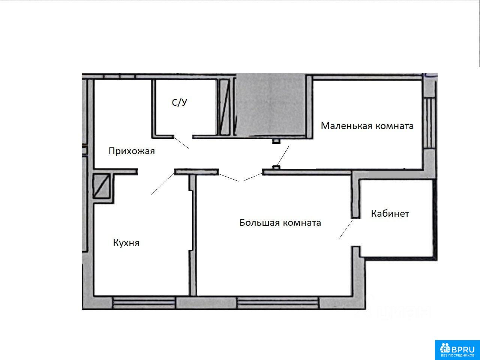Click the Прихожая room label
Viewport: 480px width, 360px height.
coord(132,151)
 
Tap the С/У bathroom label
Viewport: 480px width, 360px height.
coord(180,102)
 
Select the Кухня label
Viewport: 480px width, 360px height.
coord(126,243)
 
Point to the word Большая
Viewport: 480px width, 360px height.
coord(259,222)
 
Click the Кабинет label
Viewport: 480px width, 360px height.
coord(390,213)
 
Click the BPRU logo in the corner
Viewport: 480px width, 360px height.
coord(457,350)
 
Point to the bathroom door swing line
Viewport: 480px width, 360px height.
coord(181,142)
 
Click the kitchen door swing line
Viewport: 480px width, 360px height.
coord(163,183)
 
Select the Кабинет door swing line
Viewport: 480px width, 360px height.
coord(346,229)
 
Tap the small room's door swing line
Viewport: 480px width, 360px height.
coord(283,156)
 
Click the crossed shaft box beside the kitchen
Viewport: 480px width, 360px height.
coord(101,186)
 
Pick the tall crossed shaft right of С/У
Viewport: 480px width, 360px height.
coord(225,107)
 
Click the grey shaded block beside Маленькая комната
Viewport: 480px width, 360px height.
coord(271,105)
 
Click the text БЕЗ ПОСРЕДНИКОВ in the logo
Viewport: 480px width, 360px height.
coord(457,355)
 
